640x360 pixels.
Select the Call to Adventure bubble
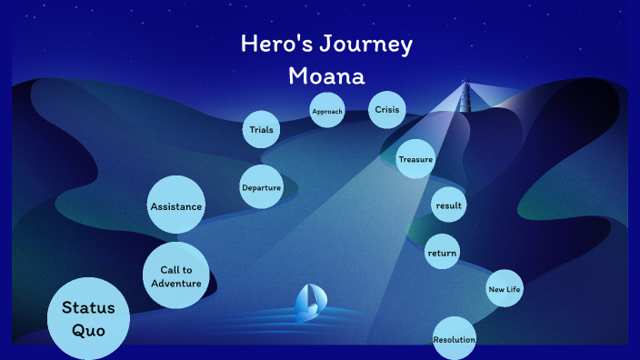175,275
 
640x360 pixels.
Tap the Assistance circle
175,206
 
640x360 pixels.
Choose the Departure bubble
261,187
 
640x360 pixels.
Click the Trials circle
261,130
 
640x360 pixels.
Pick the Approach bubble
327,111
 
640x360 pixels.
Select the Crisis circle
386,110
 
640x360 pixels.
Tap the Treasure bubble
415,160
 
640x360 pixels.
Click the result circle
449,205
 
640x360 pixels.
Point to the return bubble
443,252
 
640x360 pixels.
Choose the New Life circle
505,289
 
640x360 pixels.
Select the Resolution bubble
455,339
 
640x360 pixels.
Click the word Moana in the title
326,75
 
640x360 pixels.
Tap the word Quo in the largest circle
89,329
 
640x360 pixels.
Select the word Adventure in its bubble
176,283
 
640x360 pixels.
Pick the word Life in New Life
514,289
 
